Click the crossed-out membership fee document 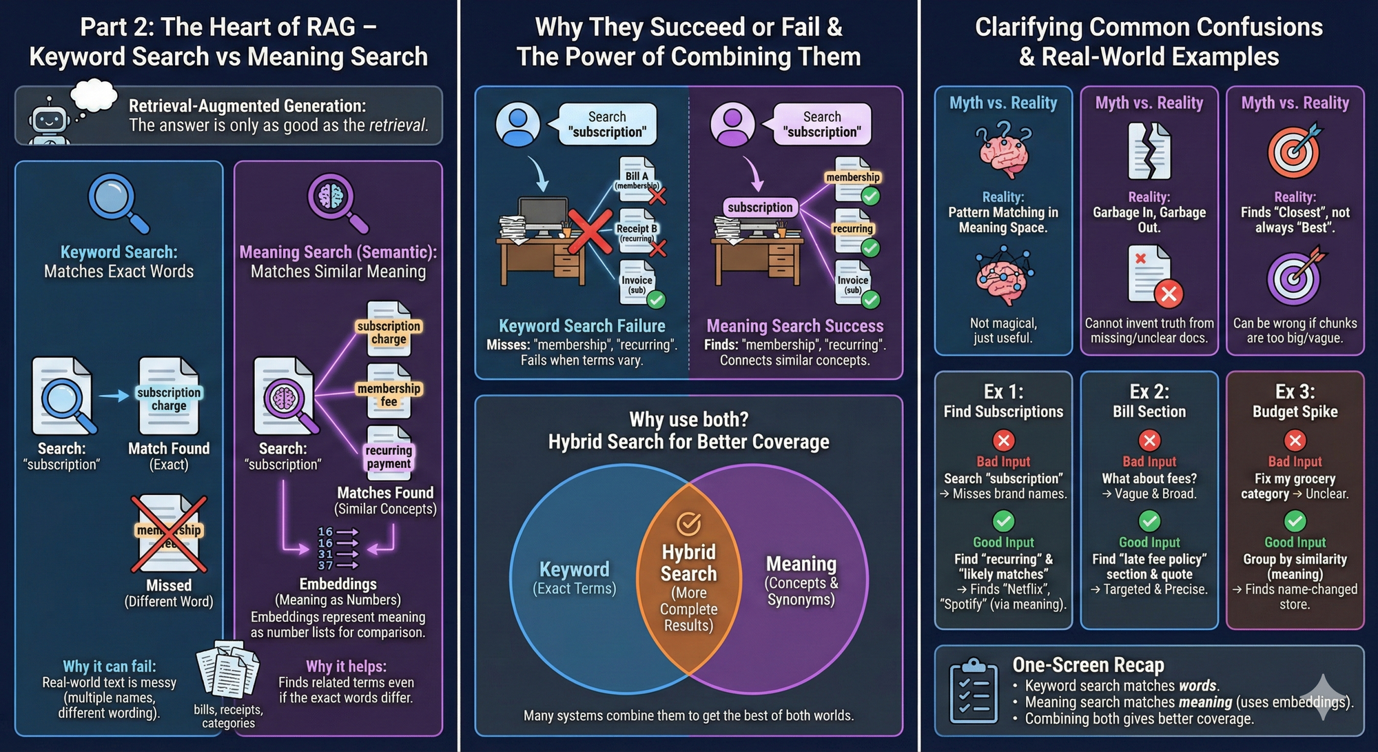click(x=169, y=533)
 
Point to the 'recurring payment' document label click(x=389, y=456)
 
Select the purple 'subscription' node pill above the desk click(x=760, y=207)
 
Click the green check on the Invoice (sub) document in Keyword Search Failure click(x=656, y=300)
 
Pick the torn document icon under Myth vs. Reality click(x=1149, y=152)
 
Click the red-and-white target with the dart click(x=1295, y=152)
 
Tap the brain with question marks click(x=1004, y=152)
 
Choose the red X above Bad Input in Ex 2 click(x=1149, y=440)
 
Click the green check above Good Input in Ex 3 click(x=1295, y=520)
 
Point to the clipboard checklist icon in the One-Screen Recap click(x=974, y=692)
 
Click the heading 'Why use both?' click(x=688, y=419)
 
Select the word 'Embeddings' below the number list click(x=338, y=584)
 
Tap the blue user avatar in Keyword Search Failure click(x=517, y=125)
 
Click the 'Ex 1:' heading click(x=1003, y=392)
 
